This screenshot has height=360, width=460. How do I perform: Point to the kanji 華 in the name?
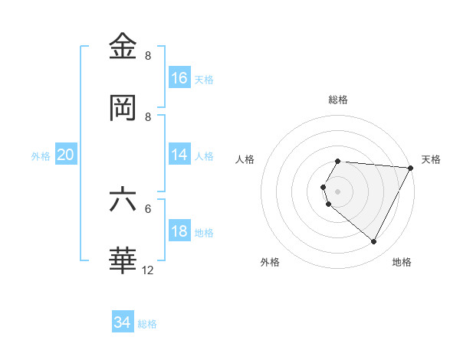124,260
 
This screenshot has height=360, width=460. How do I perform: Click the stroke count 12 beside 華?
149,270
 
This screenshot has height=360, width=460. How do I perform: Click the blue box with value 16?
179,77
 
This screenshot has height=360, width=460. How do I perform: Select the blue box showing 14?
179,155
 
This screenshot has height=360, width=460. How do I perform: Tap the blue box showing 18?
179,231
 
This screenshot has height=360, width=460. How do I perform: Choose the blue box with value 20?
65,155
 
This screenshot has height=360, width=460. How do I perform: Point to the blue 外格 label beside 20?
41,156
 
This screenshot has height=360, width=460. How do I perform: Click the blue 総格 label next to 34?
147,324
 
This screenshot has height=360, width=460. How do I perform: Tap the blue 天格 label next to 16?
204,79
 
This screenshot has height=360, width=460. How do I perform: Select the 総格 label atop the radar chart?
338,100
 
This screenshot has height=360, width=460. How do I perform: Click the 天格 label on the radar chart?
431,159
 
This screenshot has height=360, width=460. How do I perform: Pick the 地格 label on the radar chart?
402,263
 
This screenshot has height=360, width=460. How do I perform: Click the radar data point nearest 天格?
410,168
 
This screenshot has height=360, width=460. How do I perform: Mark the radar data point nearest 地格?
374,242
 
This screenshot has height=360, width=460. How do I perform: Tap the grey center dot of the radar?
338,191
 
